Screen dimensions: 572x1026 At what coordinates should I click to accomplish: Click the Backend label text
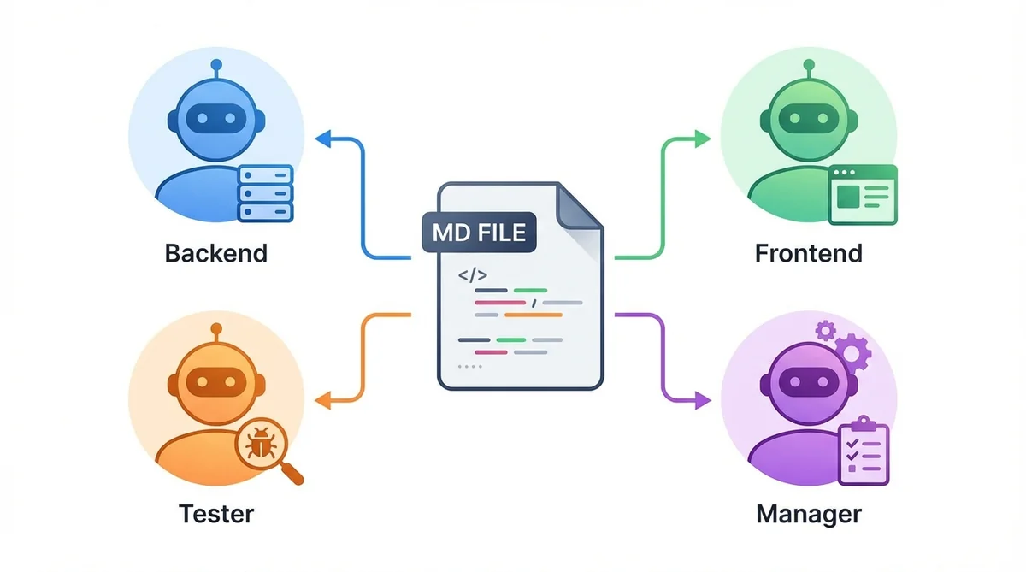tap(215, 253)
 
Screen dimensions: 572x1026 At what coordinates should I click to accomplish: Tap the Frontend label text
tap(808, 253)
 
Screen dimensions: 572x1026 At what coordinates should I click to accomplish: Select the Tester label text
tap(215, 513)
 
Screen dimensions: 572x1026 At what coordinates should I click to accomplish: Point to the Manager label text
tap(808, 513)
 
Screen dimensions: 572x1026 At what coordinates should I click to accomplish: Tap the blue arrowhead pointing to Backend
tap(322, 138)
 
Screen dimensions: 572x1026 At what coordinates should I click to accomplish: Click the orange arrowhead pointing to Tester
tap(322, 399)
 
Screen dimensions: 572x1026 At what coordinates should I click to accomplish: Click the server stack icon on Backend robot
tap(265, 193)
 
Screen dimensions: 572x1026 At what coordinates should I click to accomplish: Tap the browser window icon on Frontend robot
tap(863, 194)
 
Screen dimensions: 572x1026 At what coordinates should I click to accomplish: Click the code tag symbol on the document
tap(473, 275)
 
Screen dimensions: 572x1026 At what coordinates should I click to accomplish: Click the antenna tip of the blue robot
tap(215, 64)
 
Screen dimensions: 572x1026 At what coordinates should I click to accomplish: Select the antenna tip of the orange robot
tap(215, 327)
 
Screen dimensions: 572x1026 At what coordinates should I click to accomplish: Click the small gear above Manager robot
tap(825, 329)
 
